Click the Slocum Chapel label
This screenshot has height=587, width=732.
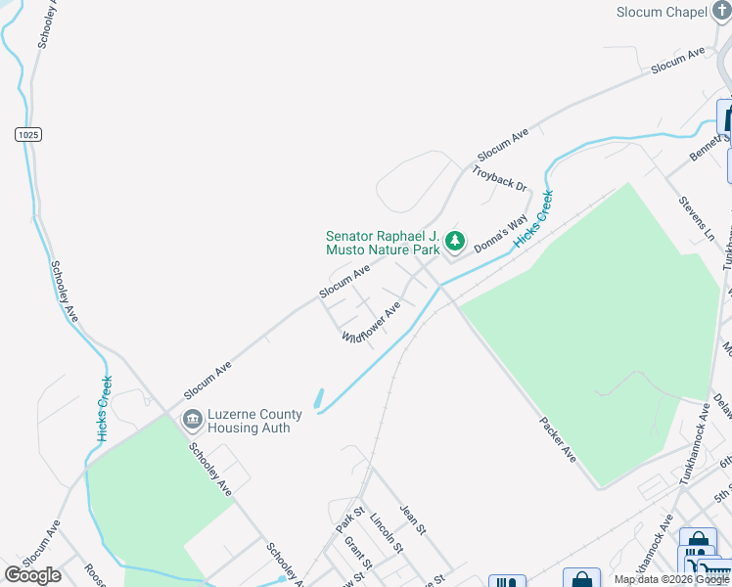pos(662,12)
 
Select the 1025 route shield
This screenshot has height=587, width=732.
pos(28,134)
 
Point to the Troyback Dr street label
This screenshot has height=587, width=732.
pos(499,178)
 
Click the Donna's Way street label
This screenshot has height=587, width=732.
pos(501,234)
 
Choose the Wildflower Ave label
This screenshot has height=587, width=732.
pos(371,323)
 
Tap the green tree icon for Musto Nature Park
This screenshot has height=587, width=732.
pos(454,240)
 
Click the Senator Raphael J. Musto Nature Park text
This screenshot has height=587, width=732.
pos(383,243)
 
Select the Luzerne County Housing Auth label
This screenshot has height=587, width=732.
pos(254,421)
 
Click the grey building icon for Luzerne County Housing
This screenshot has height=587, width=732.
pos(192,421)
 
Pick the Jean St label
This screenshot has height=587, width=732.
pos(413,519)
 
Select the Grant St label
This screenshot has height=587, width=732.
pos(358,550)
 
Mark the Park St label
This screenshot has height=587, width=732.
pos(349,520)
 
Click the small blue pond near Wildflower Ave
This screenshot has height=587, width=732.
pos(319,399)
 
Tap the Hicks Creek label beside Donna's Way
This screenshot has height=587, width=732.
pos(534,216)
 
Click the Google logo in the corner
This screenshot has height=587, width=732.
pos(32,575)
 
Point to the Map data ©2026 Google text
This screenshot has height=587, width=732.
pos(671,579)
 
